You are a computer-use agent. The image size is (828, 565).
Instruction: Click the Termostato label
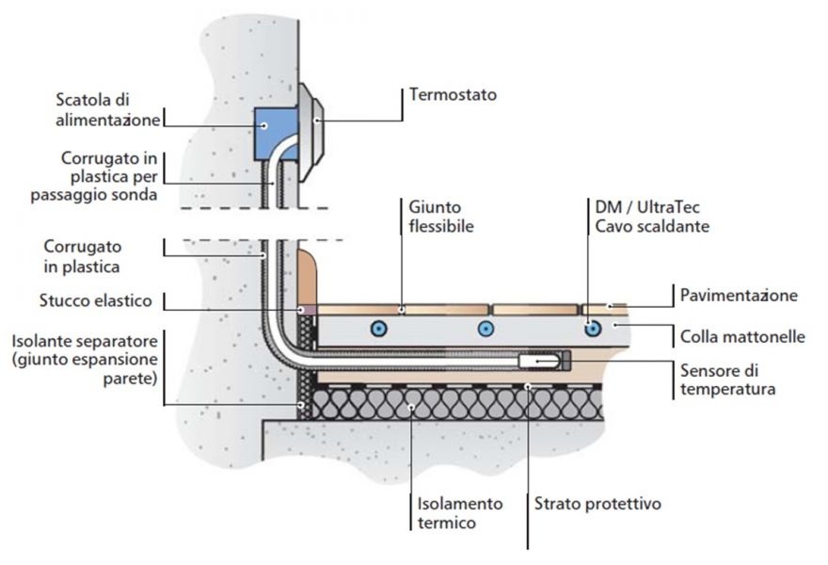click(x=454, y=94)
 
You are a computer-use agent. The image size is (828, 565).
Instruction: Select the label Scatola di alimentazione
click(x=108, y=110)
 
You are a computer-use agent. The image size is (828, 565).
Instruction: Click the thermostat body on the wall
click(x=310, y=131)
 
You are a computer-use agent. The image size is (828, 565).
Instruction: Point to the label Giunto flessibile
click(x=441, y=217)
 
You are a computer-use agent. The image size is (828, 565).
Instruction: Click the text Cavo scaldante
click(x=652, y=226)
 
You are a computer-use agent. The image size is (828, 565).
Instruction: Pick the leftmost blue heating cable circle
click(x=378, y=329)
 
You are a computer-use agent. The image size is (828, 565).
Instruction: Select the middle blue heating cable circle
click(x=486, y=329)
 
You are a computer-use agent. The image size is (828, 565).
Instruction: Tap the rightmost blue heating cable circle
click(x=593, y=329)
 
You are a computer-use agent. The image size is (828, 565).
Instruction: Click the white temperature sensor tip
click(x=538, y=361)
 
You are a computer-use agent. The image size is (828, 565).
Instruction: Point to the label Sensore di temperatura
click(x=727, y=379)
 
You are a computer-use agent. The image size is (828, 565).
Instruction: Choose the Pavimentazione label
click(x=739, y=295)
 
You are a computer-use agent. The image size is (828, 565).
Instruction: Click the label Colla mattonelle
click(x=742, y=337)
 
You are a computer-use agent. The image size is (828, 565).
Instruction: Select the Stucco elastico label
click(x=96, y=300)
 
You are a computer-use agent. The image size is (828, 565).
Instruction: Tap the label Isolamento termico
click(x=460, y=512)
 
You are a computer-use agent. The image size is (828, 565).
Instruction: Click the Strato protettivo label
click(x=597, y=503)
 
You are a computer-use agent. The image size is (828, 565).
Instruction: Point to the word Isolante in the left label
click(x=42, y=341)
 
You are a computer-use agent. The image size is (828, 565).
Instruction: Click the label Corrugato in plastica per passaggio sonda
click(x=94, y=176)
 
